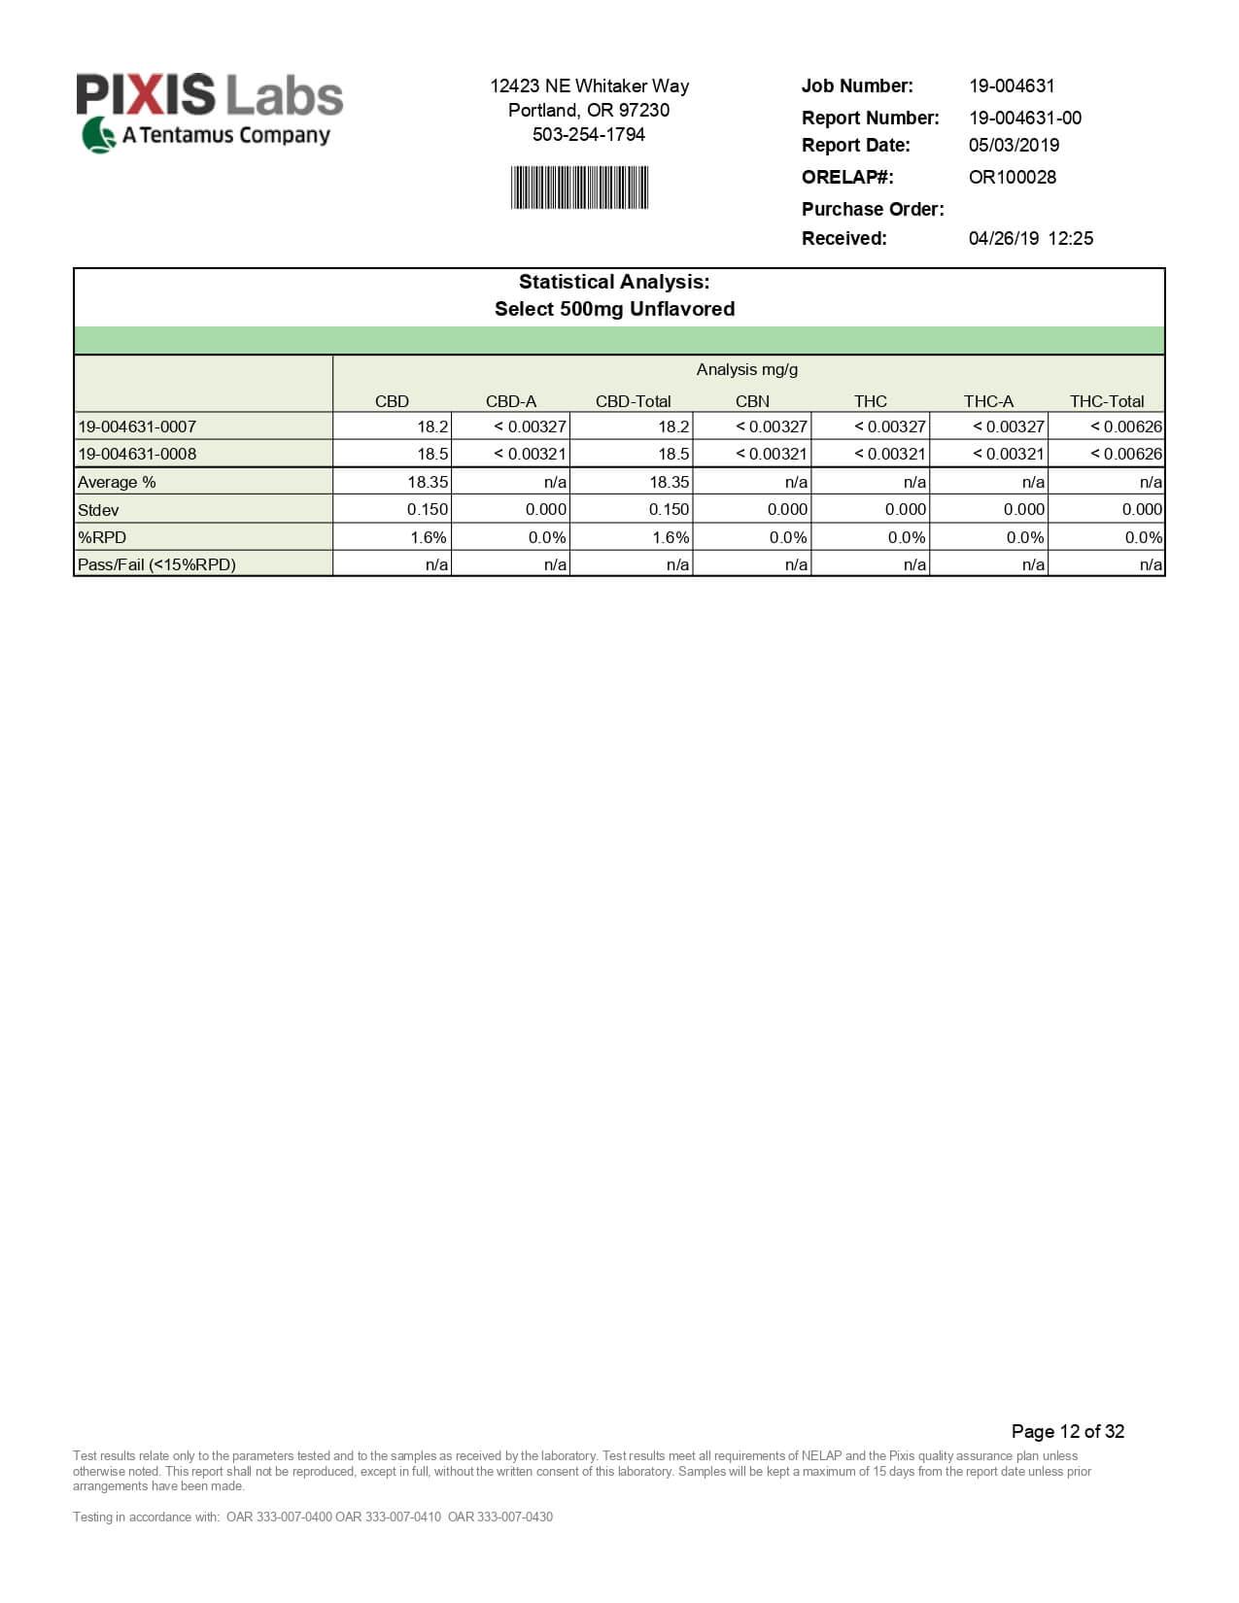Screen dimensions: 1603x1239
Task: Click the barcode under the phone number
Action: click(x=580, y=188)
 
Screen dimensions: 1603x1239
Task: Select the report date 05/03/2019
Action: click(x=1014, y=145)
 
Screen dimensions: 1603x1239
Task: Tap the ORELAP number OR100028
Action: click(x=1012, y=177)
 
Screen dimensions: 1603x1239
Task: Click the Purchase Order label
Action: click(x=872, y=209)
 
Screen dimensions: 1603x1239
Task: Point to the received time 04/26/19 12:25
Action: click(x=1030, y=238)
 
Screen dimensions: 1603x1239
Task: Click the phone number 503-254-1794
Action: click(x=589, y=134)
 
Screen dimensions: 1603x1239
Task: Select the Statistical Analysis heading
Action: click(x=614, y=282)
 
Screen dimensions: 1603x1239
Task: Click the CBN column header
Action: click(x=752, y=401)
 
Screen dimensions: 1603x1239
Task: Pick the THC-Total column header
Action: click(x=1107, y=401)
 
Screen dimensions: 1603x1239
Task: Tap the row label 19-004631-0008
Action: click(x=137, y=454)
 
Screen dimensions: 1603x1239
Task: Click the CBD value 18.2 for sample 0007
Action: click(x=432, y=426)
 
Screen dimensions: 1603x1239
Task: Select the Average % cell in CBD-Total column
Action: click(x=669, y=482)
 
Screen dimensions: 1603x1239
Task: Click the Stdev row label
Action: click(x=98, y=510)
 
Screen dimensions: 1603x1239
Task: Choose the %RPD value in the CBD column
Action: click(x=428, y=537)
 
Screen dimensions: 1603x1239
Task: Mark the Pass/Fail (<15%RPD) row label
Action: click(x=156, y=564)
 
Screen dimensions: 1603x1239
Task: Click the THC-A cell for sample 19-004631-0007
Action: click(x=1008, y=426)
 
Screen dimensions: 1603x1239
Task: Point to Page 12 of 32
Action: click(x=1067, y=1431)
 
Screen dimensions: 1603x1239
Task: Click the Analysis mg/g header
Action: click(x=746, y=369)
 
